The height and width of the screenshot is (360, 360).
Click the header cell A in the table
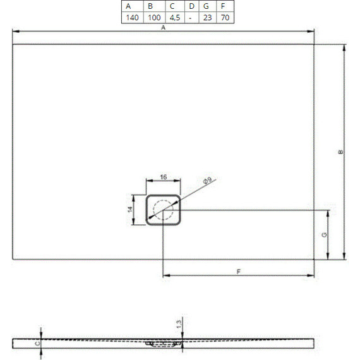pos(129,6)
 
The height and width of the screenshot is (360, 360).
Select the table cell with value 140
pos(132,18)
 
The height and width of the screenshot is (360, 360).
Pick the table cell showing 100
pos(154,18)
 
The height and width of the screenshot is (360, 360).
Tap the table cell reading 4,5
pos(174,18)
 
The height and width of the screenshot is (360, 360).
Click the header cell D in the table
pos(190,6)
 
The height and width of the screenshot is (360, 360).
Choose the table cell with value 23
pos(207,18)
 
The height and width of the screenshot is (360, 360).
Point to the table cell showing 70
pos(225,18)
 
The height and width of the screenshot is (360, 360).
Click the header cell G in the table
pos(206,6)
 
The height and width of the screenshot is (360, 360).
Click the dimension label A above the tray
pos(163,28)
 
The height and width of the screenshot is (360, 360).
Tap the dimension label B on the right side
pos(340,152)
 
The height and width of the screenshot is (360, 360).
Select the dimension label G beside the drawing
pos(324,234)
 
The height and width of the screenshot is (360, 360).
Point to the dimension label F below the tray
pos(238,272)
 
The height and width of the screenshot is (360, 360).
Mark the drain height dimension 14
pos(131,209)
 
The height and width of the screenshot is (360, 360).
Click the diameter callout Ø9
pos(207,182)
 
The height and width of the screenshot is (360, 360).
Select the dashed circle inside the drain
pos(164,210)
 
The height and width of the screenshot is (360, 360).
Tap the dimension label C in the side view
pos(37,342)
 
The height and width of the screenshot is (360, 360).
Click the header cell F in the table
pos(225,6)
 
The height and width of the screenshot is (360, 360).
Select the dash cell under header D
pos(190,18)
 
